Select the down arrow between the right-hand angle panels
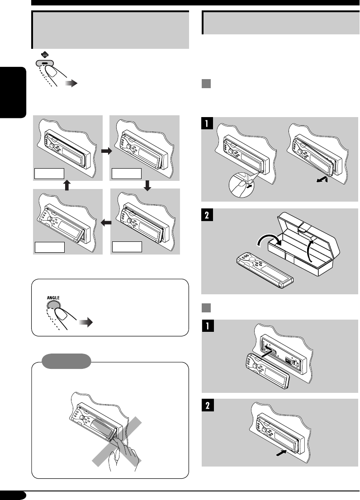click(146, 184)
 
